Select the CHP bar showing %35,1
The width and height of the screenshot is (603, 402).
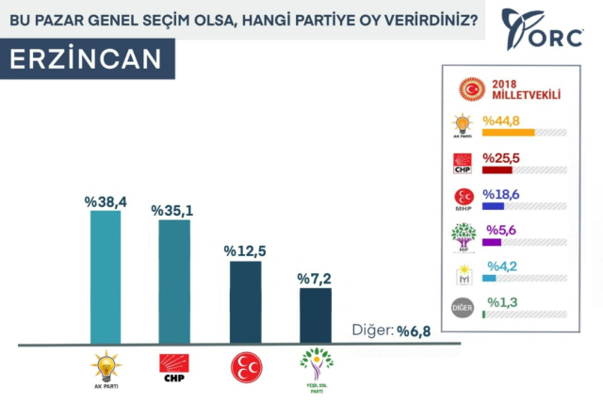click(x=174, y=281)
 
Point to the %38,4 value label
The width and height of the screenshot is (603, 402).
click(x=105, y=201)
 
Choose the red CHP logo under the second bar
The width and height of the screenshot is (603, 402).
click(x=174, y=365)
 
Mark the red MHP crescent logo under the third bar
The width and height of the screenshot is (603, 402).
click(x=245, y=365)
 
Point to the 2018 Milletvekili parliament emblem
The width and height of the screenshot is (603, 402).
click(x=470, y=89)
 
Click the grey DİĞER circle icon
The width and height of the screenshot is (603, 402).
click(x=464, y=308)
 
